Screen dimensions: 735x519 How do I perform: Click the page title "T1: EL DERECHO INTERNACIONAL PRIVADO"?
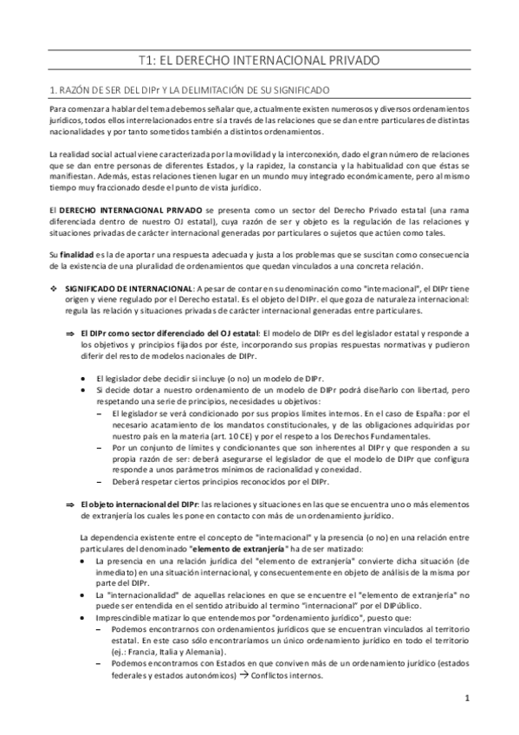coord(259,61)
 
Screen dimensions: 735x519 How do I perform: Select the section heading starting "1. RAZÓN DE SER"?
coord(200,90)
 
